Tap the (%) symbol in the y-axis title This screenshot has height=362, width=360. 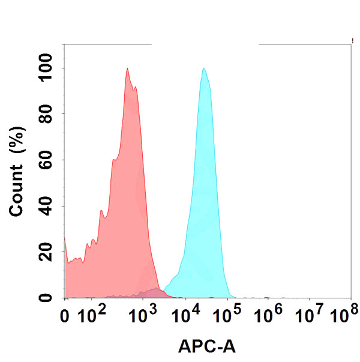[17, 142]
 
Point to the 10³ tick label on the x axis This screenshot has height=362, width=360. [139, 313]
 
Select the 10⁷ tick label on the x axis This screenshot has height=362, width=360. [312, 313]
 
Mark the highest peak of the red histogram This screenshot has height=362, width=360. [128, 68]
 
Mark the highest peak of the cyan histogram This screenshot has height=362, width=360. [204, 68]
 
